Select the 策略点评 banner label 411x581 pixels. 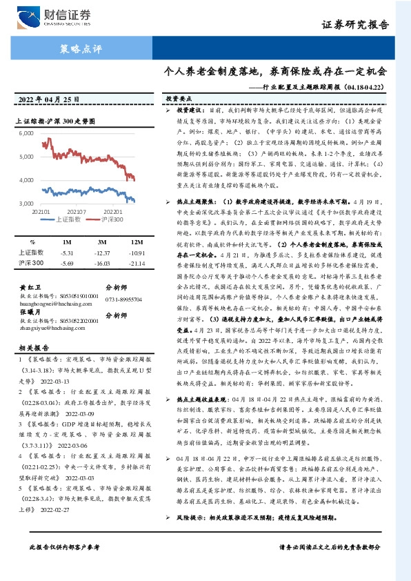tap(77, 49)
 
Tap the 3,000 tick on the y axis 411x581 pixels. tap(26, 204)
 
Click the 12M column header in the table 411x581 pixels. tap(137, 243)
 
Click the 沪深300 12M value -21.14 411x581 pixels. tap(137, 263)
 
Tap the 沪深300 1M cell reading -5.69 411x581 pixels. tap(66, 263)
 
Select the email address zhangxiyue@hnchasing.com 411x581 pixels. tap(50, 330)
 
